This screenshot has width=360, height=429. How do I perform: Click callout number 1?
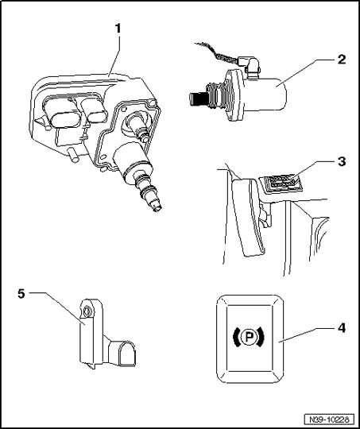coord(118,29)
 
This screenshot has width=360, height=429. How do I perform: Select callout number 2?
coord(342,60)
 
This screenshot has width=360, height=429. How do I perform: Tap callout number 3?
coord(342,161)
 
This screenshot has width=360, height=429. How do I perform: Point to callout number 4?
coord(342,327)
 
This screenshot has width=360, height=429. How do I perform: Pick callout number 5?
coord(21,294)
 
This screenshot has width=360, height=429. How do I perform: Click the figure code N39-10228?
coord(329,419)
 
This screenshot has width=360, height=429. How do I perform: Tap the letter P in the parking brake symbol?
coord(249,337)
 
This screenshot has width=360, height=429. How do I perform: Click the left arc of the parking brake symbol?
coord(235,337)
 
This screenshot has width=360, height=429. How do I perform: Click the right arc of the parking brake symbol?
coord(261,337)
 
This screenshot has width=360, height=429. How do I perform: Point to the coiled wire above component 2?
coord(216,52)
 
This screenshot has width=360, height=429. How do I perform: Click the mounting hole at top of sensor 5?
coord(87,311)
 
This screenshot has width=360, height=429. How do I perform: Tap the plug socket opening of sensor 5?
coord(126,353)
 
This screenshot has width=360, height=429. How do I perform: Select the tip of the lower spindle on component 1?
coord(158,208)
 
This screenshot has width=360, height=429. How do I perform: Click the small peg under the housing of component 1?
coord(72,155)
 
